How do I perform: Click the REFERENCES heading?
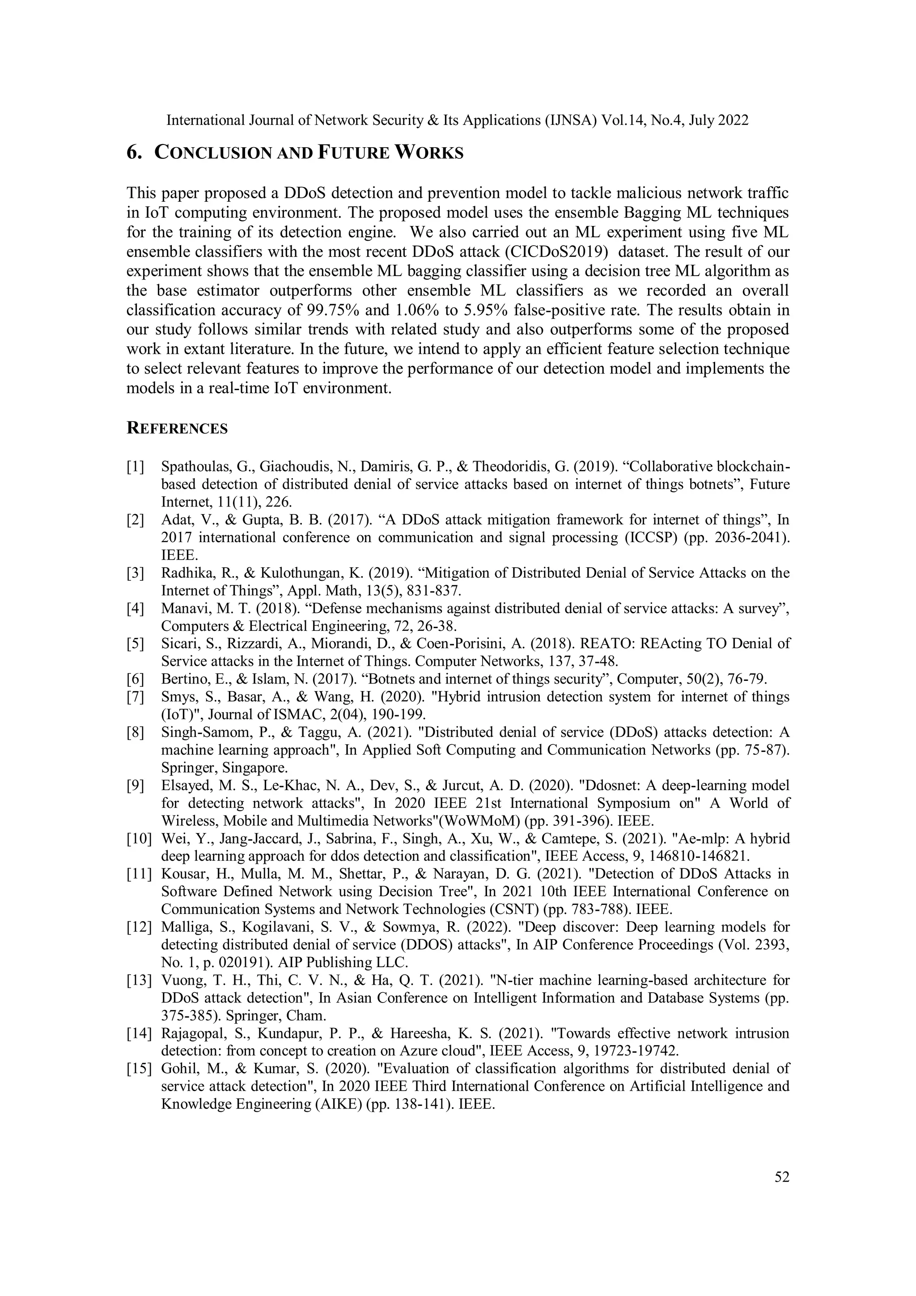point(177,429)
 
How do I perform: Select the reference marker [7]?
point(136,697)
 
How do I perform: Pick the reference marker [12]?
point(139,927)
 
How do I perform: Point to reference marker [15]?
point(139,1069)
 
